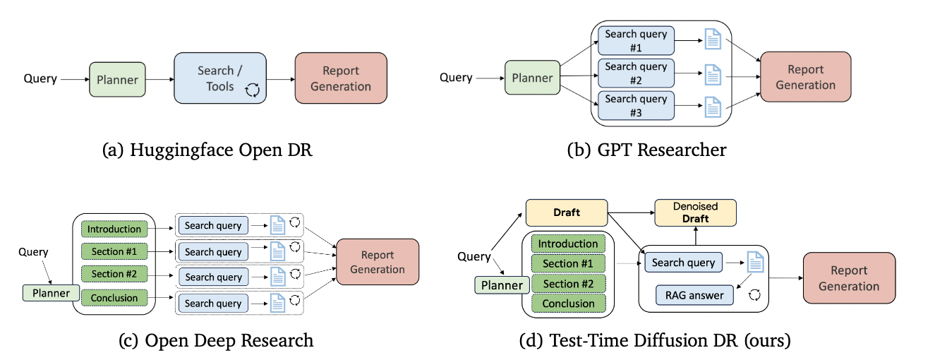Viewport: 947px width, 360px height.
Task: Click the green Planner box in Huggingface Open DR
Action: [x=117, y=80]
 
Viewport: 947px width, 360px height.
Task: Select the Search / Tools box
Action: [x=220, y=78]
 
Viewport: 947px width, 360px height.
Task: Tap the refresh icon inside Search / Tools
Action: [x=253, y=90]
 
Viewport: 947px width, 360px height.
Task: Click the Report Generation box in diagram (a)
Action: [x=341, y=78]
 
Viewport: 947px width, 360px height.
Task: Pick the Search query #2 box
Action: [x=636, y=73]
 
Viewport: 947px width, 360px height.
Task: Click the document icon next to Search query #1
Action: [x=713, y=40]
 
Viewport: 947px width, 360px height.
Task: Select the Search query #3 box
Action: [x=636, y=106]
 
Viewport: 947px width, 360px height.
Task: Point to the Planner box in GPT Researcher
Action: [x=532, y=78]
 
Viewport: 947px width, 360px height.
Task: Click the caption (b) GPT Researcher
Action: [x=647, y=150]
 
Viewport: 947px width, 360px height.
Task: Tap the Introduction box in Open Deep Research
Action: [x=114, y=229]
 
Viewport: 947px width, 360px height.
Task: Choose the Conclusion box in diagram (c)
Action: [x=114, y=298]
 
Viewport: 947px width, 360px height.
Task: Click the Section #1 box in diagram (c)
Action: [x=114, y=251]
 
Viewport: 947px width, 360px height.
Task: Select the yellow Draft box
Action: [x=567, y=212]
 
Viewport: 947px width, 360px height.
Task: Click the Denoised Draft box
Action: [x=696, y=212]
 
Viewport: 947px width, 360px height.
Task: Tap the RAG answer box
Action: [x=694, y=295]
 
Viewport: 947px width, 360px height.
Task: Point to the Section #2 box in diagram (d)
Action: [x=568, y=284]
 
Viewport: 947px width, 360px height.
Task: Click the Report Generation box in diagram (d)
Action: [x=849, y=278]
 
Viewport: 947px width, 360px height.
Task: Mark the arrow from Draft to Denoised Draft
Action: [x=631, y=212]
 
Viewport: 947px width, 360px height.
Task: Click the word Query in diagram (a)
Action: [x=40, y=78]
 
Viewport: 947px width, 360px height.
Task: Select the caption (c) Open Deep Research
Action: [x=216, y=340]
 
